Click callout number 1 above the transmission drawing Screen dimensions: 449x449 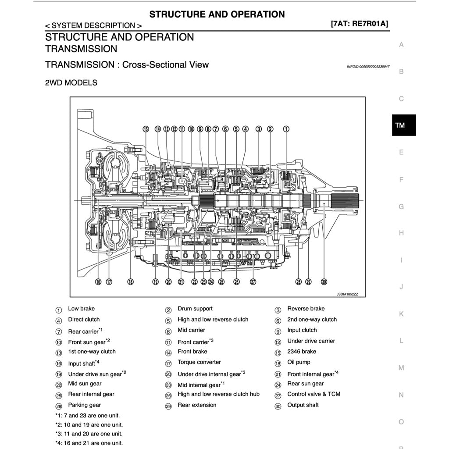[286, 129]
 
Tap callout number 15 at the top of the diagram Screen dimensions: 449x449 [146, 129]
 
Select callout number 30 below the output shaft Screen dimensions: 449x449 [324, 282]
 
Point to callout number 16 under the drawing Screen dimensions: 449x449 [98, 282]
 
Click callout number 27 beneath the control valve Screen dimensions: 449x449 [253, 282]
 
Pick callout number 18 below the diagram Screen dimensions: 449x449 [130, 282]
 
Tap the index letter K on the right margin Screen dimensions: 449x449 [401, 314]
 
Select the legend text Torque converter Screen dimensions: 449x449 [199, 362]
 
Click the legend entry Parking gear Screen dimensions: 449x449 [84, 405]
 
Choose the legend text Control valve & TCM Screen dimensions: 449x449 [314, 394]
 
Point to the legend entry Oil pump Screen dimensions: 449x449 [299, 362]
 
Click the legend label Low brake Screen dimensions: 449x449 [81, 309]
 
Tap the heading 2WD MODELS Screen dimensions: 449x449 [71, 82]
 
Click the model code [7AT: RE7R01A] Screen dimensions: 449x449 [359, 24]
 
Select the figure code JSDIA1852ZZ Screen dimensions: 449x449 [347, 294]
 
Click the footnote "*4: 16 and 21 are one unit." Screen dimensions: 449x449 [89, 443]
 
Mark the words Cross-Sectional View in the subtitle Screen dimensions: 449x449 [165, 65]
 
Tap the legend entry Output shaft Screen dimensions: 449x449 [303, 405]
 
